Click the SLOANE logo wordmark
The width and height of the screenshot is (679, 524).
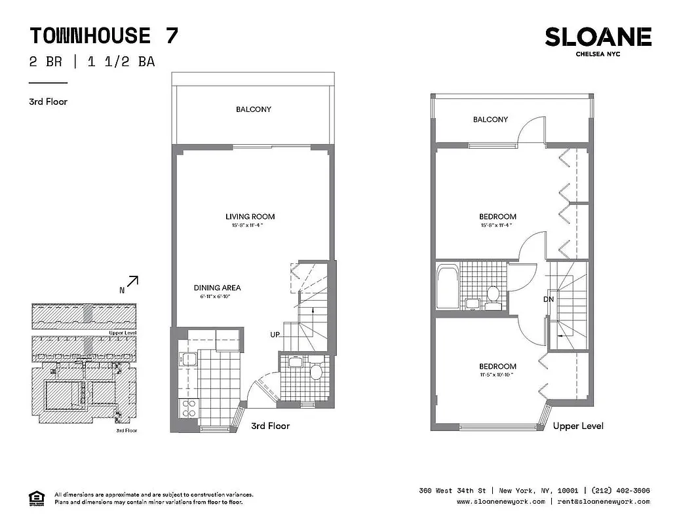tap(598, 37)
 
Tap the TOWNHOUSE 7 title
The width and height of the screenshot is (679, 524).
tap(104, 35)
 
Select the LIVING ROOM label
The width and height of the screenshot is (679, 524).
tap(250, 217)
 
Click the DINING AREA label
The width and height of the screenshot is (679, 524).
tap(217, 288)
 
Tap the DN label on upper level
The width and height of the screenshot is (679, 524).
tap(548, 299)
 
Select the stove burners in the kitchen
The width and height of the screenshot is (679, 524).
tap(189, 408)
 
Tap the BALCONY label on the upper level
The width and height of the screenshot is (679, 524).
tap(490, 119)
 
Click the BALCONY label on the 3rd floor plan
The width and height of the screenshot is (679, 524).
tap(254, 109)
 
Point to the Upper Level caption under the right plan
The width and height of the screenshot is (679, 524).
tap(578, 426)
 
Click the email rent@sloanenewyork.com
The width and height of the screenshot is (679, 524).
tap(603, 501)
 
